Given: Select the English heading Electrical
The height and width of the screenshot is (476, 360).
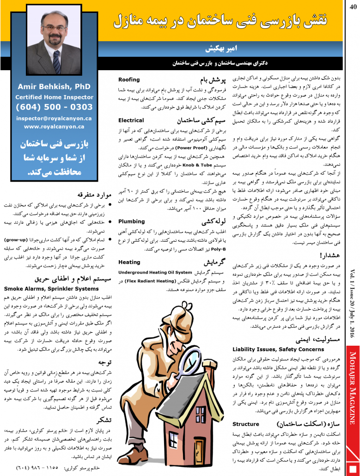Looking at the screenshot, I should tap(131, 121).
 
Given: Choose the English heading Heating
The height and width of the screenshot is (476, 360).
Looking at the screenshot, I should tap(129, 262).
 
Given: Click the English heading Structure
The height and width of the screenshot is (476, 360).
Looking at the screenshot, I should tap(246, 423).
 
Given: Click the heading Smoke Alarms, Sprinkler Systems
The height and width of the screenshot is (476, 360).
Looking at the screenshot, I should tap(51, 288).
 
